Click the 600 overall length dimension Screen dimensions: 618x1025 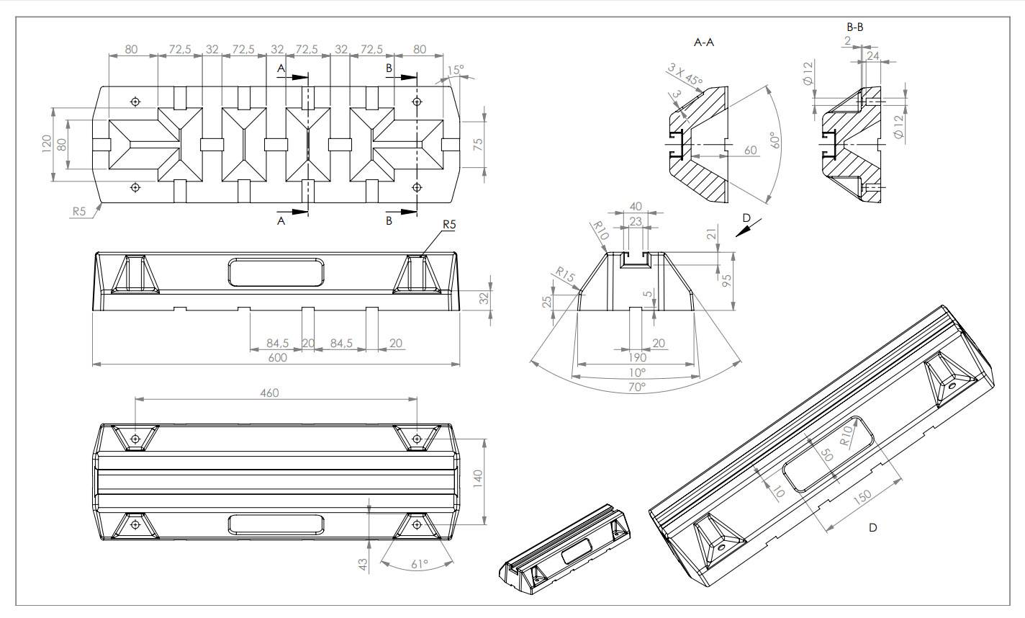pyautogui.click(x=278, y=358)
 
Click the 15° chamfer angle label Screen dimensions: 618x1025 pyautogui.click(x=456, y=70)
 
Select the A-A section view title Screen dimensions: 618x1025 pyautogui.click(x=703, y=42)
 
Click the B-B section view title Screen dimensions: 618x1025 pyautogui.click(x=855, y=27)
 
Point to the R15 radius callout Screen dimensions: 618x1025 pyautogui.click(x=564, y=274)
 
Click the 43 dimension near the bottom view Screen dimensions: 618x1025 pyautogui.click(x=363, y=563)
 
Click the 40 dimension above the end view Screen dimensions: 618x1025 pyautogui.click(x=635, y=207)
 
